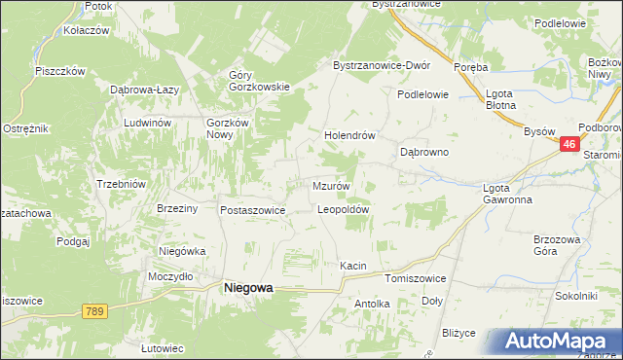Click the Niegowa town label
[x=248, y=287]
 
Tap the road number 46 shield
[x=570, y=144]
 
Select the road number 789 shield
[x=93, y=310]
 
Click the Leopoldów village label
[x=343, y=209]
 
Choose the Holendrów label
[x=349, y=136]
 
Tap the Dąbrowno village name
[x=424, y=153]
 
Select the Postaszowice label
[x=252, y=209]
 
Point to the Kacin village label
[x=352, y=265]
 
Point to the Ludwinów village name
[x=147, y=123]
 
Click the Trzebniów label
[x=121, y=184]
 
